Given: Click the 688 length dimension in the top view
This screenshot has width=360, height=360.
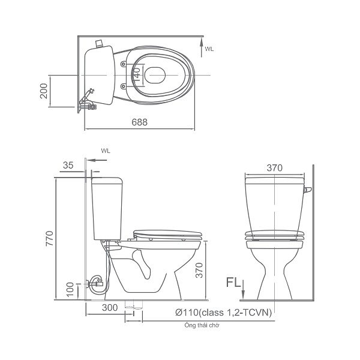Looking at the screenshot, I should [x=140, y=122].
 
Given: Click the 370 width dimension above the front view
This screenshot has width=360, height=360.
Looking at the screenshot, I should [x=274, y=168].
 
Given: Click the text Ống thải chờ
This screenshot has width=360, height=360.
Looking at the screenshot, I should [x=202, y=325].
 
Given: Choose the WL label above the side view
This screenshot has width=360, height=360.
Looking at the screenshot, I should [x=106, y=151].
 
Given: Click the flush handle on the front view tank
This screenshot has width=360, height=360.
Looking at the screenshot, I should [x=308, y=191].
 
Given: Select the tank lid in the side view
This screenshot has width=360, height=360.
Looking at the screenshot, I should [x=107, y=178].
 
